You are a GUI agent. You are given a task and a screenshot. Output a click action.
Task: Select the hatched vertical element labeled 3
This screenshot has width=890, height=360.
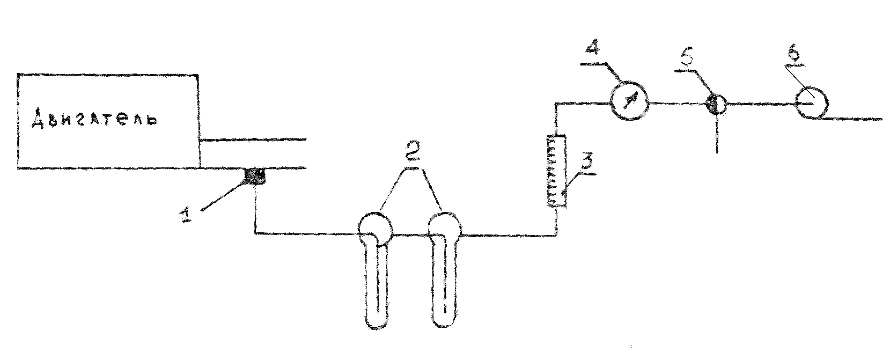(555, 172)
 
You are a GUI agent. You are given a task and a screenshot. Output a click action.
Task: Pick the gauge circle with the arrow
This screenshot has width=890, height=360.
(629, 100)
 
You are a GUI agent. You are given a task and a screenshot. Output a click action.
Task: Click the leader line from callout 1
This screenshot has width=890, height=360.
(220, 198)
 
